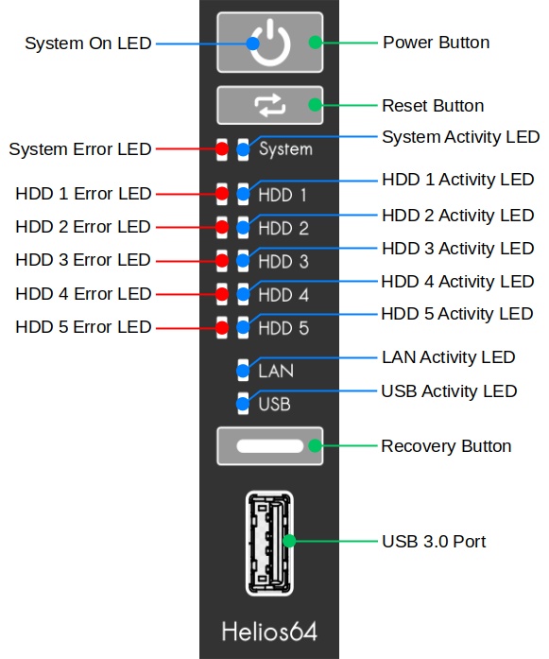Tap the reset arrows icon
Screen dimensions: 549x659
[270, 105]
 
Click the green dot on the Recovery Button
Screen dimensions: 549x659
[315, 445]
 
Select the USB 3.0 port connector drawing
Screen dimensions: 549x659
[269, 543]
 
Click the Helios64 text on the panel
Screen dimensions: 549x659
[269, 632]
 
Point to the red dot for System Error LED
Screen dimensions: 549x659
[222, 148]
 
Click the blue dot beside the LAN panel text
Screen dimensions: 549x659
[243, 371]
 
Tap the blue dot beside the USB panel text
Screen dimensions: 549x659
[243, 404]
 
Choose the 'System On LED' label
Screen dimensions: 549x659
[88, 43]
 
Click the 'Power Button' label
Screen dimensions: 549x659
[437, 43]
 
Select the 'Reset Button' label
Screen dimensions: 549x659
[433, 106]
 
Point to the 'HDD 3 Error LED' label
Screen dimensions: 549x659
[83, 260]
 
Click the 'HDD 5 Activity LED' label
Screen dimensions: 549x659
[457, 314]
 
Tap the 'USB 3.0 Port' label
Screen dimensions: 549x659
[434, 542]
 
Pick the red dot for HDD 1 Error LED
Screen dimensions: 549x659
[222, 193]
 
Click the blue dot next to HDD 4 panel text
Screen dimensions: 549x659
[243, 294]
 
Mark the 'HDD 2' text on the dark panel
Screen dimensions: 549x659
[283, 228]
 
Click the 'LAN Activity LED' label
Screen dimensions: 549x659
[449, 357]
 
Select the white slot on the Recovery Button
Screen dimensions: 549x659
[269, 446]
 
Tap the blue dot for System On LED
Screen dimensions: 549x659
[252, 43]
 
